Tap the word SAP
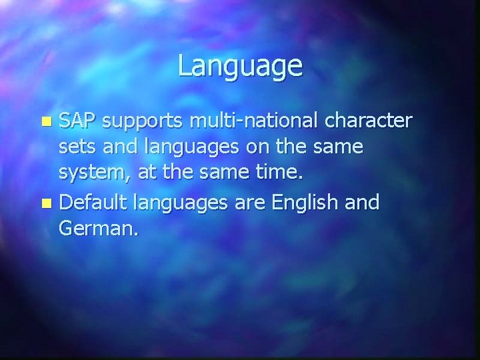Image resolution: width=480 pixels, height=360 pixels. point(77,121)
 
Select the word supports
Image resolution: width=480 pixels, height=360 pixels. point(143,123)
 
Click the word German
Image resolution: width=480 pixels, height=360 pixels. point(97,229)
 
